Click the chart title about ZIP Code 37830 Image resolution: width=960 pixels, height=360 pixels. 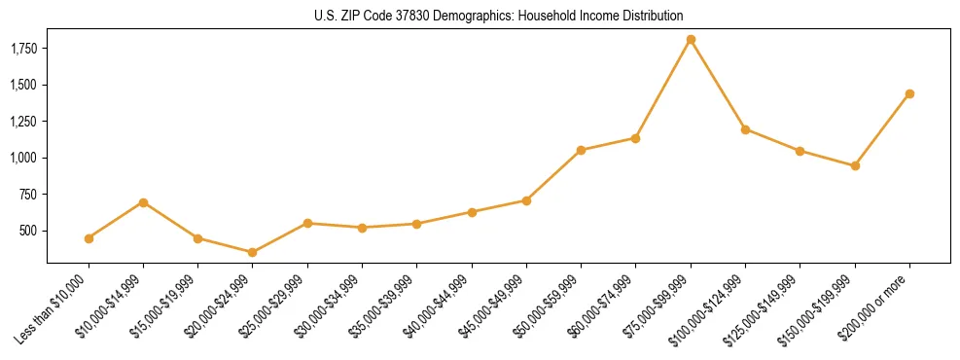[499, 16]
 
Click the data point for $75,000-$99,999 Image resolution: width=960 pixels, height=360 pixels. [691, 40]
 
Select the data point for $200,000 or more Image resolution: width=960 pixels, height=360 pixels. [909, 93]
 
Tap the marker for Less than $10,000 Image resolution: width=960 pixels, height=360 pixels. [89, 238]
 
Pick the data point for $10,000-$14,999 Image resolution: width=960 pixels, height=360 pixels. [143, 202]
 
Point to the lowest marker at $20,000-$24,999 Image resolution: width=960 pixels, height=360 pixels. [253, 252]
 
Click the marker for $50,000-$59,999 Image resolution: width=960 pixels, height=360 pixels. [581, 150]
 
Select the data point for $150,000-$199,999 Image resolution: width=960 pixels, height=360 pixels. [855, 166]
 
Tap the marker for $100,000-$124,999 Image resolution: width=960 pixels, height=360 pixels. [745, 129]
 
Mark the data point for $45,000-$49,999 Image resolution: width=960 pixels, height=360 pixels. [526, 200]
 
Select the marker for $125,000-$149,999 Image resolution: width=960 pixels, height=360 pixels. [800, 151]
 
